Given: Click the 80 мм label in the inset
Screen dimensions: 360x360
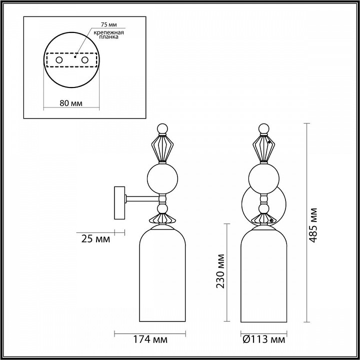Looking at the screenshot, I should (71, 103).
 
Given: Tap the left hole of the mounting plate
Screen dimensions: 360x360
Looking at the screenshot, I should (59, 60).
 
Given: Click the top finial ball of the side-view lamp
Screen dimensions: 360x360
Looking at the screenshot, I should (161, 129).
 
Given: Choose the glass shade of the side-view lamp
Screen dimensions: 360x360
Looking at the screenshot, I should (162, 275).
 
